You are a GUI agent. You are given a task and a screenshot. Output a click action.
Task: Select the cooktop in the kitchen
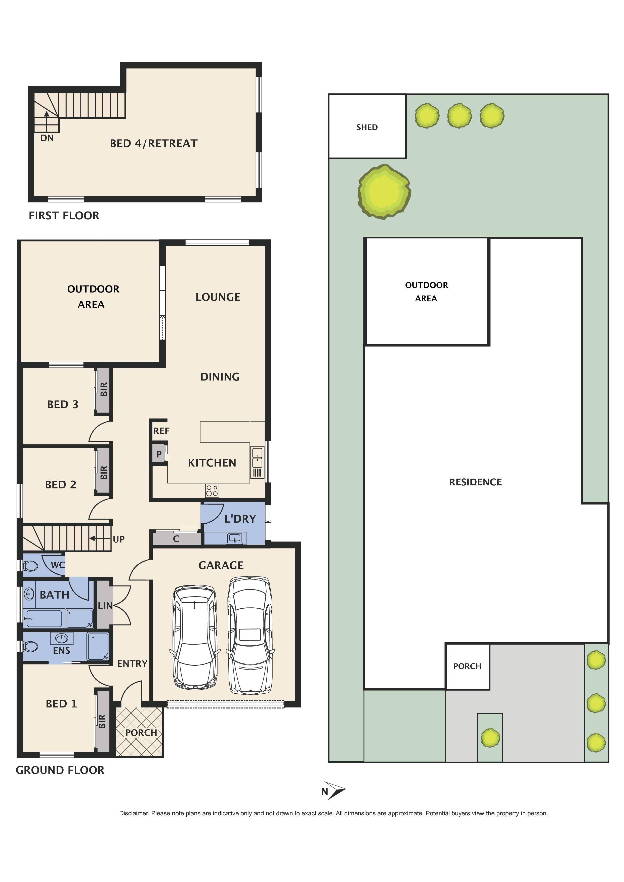[x=212, y=491]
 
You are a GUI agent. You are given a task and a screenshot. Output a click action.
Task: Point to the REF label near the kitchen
[x=161, y=431]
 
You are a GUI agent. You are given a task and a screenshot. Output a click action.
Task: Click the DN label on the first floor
[x=47, y=138]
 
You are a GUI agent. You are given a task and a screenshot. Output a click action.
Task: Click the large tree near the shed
[x=384, y=191]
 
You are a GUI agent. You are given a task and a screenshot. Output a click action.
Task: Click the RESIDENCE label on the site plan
[x=475, y=482]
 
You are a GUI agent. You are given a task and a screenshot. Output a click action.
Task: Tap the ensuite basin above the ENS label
[x=61, y=638]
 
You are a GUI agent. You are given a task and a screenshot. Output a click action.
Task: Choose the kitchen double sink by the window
[x=257, y=457]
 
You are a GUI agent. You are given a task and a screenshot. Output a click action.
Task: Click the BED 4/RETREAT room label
[x=153, y=143]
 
